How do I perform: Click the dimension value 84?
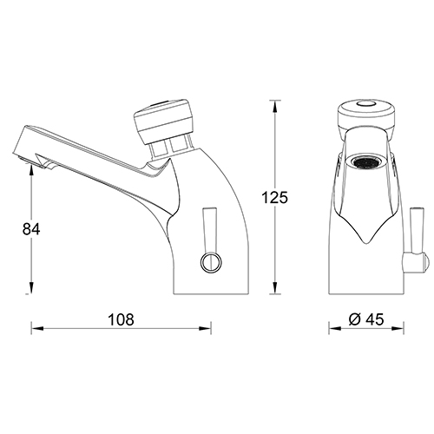click(30, 230)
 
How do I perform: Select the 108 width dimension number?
click(122, 319)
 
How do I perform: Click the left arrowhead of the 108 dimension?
click(36, 328)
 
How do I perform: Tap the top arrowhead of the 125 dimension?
click(275, 105)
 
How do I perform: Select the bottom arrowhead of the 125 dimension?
click(275, 290)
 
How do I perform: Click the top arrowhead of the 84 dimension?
click(32, 172)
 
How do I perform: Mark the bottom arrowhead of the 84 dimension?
click(32, 290)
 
